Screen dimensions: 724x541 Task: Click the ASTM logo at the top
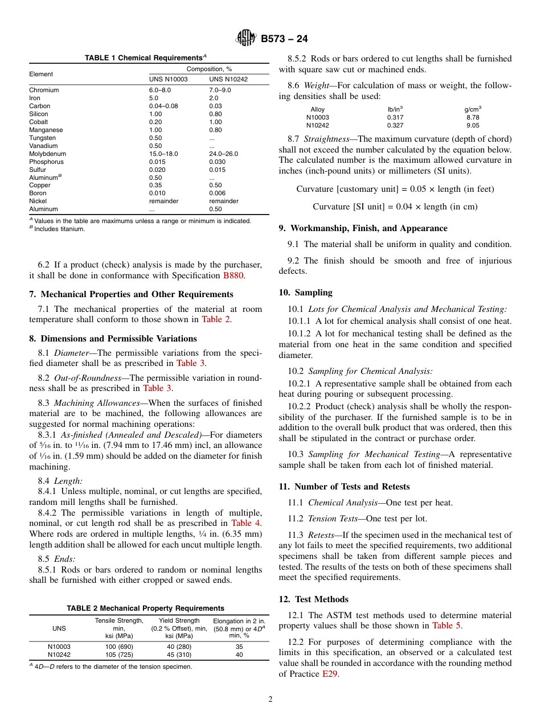246,39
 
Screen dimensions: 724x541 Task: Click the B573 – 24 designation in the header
284,39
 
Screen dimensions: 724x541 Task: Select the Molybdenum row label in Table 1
47,154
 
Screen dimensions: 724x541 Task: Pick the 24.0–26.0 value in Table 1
223,154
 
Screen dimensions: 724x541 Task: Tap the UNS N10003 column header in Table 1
168,79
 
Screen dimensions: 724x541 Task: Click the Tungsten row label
42,138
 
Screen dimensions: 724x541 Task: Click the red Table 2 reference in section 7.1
216,319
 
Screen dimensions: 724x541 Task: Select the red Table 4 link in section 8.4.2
245,523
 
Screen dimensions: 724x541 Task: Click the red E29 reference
329,674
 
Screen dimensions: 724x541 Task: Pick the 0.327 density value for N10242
395,125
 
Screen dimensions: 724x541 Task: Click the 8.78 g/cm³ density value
473,117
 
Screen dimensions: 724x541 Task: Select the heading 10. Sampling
305,293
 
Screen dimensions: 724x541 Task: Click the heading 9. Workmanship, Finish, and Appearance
363,228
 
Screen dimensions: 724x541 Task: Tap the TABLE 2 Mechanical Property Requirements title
145,608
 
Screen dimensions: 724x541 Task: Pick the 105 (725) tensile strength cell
119,655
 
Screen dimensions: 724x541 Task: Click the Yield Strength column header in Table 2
179,620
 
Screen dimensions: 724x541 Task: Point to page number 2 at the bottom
270,700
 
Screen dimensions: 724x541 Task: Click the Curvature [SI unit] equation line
395,207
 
